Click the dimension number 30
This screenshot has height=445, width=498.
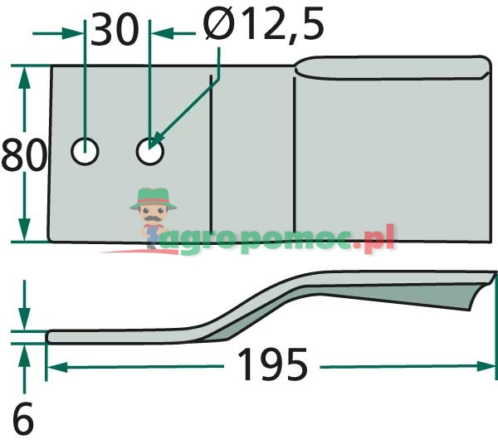coord(115,30)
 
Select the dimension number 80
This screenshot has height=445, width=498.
coord(24,154)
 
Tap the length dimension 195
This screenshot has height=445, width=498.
coord(272,364)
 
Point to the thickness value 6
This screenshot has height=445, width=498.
coord(23,418)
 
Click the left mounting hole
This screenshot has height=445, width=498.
coord(85,151)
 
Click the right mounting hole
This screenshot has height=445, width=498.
coord(150,151)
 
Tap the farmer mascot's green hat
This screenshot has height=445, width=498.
coord(153,198)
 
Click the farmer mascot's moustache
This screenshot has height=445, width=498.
coord(154,218)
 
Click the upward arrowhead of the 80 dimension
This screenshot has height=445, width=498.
coord(24,77)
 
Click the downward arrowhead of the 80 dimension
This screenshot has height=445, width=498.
coord(24,229)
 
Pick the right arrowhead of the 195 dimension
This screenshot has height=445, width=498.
coord(486,367)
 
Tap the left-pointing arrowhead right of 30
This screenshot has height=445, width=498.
coord(163,33)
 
